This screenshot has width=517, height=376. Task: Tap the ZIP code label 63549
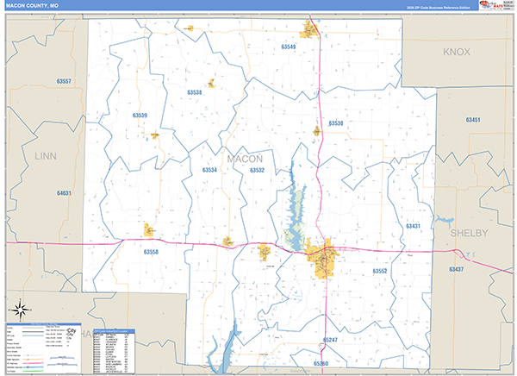point(289,47)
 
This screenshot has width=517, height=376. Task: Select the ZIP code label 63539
point(140,115)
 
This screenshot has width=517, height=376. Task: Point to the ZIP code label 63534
point(209,170)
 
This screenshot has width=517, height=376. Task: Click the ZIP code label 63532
point(257,170)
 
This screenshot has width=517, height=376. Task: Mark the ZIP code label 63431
point(413,226)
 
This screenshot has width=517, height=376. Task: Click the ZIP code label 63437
point(456,269)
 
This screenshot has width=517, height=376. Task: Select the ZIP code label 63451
point(473,120)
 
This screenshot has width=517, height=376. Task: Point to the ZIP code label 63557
point(64,81)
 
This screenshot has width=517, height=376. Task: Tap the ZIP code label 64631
point(64,193)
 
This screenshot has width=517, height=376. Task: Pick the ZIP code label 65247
point(332,341)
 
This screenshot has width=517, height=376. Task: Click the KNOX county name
point(457,52)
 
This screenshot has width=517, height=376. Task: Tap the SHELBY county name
point(469,234)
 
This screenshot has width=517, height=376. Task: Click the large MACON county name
point(245,159)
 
